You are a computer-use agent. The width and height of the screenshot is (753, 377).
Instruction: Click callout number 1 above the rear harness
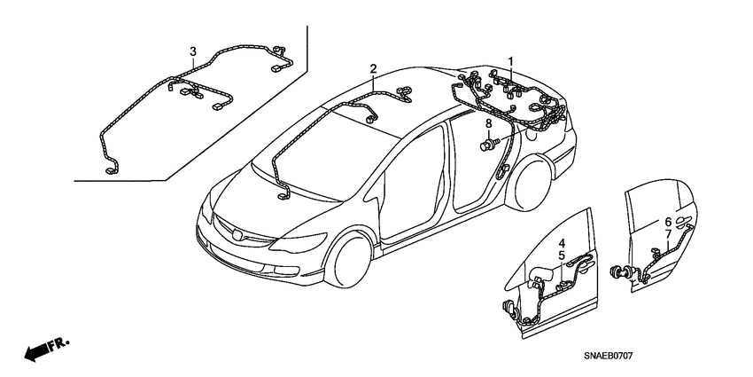point(510,60)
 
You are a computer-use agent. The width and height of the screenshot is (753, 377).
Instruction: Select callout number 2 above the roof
point(374,68)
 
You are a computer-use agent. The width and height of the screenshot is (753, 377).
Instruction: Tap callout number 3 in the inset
point(194,48)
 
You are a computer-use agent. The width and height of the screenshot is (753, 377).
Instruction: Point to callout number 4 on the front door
point(562,243)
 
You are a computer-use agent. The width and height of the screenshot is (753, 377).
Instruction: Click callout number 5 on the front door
point(562,255)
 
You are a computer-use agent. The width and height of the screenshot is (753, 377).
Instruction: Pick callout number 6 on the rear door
point(668,222)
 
